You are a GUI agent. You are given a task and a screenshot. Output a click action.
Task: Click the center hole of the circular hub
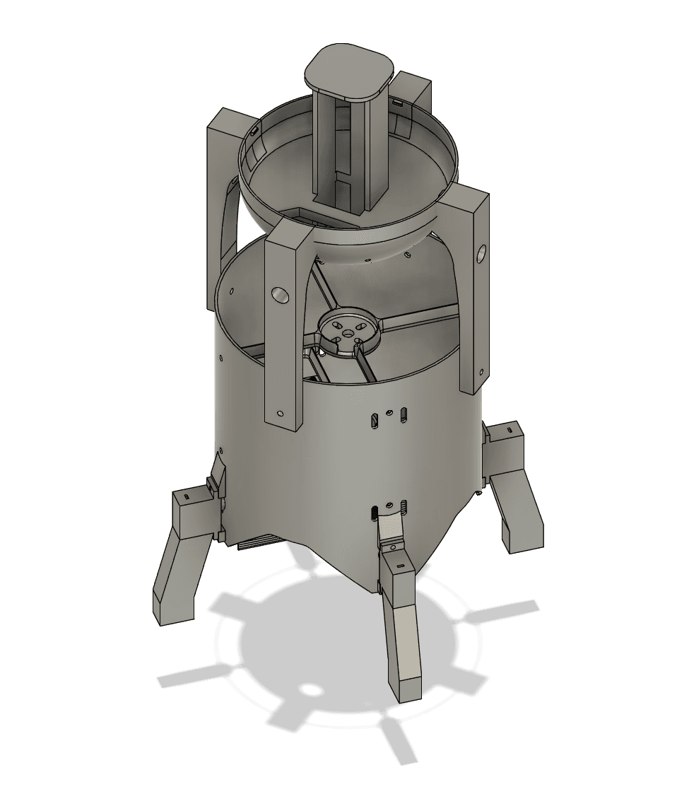click(347, 329)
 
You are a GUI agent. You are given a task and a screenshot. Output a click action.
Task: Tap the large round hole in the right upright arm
click(482, 252)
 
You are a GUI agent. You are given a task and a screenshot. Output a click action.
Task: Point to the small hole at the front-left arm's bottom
click(281, 412)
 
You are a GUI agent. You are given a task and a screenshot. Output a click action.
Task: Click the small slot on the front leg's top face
click(400, 566)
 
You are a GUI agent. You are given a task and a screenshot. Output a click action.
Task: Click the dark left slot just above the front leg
click(373, 511)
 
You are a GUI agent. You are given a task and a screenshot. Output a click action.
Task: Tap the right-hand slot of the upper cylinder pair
click(403, 414)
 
